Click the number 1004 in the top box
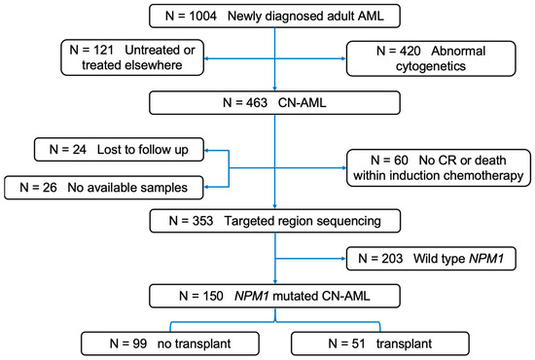click(x=197, y=17)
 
